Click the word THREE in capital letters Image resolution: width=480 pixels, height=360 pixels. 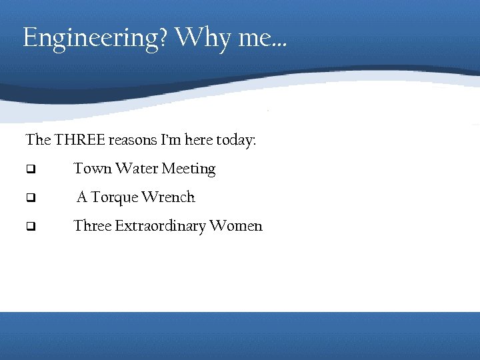tap(79, 141)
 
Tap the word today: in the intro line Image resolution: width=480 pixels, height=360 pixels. tap(236, 141)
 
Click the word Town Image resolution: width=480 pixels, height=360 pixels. tap(93, 169)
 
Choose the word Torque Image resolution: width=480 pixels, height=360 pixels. tap(115, 198)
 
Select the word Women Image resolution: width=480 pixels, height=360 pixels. tap(236, 226)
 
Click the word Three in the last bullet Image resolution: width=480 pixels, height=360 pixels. tap(93, 226)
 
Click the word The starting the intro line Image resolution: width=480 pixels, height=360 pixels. tap(37, 141)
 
